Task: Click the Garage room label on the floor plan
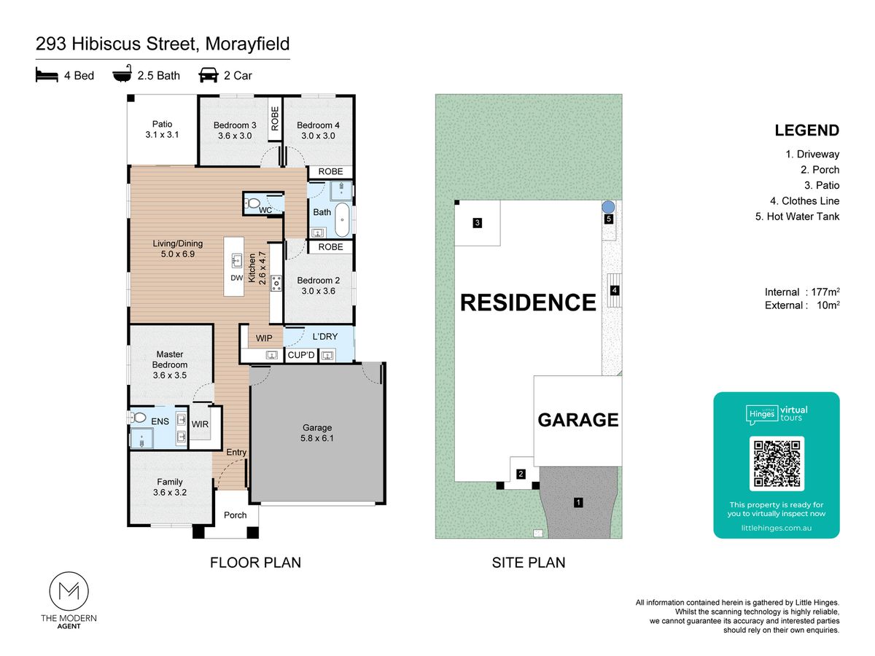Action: [x=317, y=427]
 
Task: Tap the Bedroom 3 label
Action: [x=235, y=125]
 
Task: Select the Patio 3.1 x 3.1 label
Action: [x=162, y=130]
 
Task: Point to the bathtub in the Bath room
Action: [x=342, y=220]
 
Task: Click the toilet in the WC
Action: [x=252, y=204]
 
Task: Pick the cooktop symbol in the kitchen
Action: [x=276, y=283]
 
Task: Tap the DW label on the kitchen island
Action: [x=237, y=278]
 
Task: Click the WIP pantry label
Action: [x=264, y=338]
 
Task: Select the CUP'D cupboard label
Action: [x=301, y=355]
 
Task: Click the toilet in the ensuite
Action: [x=138, y=418]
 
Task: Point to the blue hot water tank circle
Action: [x=608, y=207]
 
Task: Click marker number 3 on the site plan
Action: [x=477, y=222]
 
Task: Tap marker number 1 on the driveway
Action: [x=578, y=503]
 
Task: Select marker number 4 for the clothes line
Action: [x=614, y=290]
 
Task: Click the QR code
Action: [x=777, y=464]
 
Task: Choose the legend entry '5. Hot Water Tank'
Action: [x=797, y=216]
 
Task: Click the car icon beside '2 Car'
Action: [x=209, y=75]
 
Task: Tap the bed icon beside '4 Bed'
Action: [x=47, y=75]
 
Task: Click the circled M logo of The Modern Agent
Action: [x=69, y=591]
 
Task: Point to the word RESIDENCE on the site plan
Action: [x=528, y=302]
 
